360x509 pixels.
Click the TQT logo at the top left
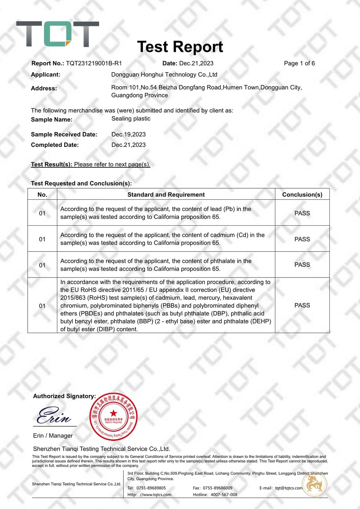coord(58,34)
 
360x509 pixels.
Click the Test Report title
coord(180,47)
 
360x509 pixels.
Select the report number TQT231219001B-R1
coord(94,63)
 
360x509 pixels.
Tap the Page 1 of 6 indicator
coord(299,63)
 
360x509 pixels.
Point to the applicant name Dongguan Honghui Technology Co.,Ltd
coord(164,75)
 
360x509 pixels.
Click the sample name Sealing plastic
coord(131,118)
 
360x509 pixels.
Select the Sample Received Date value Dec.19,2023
coord(129,134)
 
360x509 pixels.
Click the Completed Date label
coord(55,145)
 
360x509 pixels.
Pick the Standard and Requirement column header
coord(166,194)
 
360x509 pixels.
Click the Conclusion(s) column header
coord(302,194)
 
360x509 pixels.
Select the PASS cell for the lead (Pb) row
coord(302,213)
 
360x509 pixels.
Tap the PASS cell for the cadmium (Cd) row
coord(302,239)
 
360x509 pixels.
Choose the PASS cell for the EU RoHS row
coord(302,305)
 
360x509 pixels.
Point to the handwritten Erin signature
coord(54,416)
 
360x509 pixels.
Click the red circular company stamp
coord(113,417)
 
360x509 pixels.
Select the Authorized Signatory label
coord(64,396)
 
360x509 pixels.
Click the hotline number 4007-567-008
coord(224,495)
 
